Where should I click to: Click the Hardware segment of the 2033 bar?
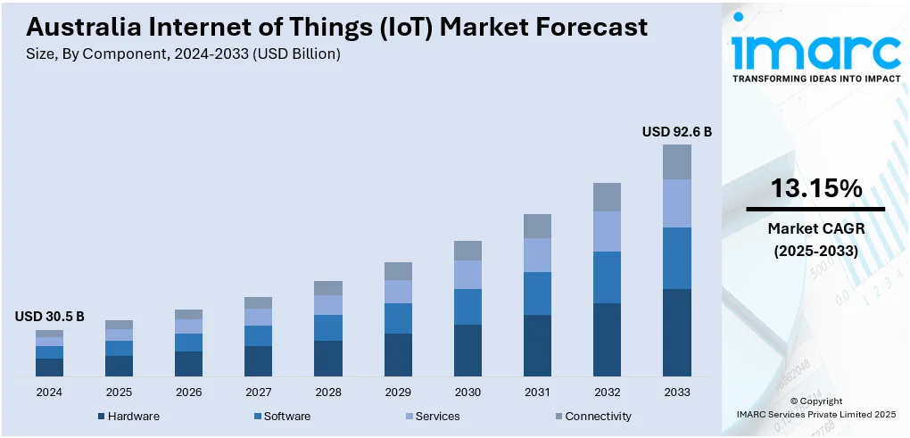point(676,332)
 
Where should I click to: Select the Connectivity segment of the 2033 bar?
point(676,161)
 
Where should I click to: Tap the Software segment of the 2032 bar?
point(607,277)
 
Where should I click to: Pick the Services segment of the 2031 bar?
point(537,255)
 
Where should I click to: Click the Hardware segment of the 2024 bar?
point(49,367)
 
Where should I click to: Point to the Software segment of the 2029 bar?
point(398,318)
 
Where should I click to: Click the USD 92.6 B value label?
point(676,132)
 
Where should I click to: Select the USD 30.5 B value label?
point(49,316)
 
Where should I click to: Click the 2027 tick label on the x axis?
point(258,392)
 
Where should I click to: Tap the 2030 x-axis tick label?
point(467,392)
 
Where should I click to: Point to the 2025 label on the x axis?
point(119,392)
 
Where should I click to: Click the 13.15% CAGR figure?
point(815,189)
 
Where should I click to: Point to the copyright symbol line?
point(815,401)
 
